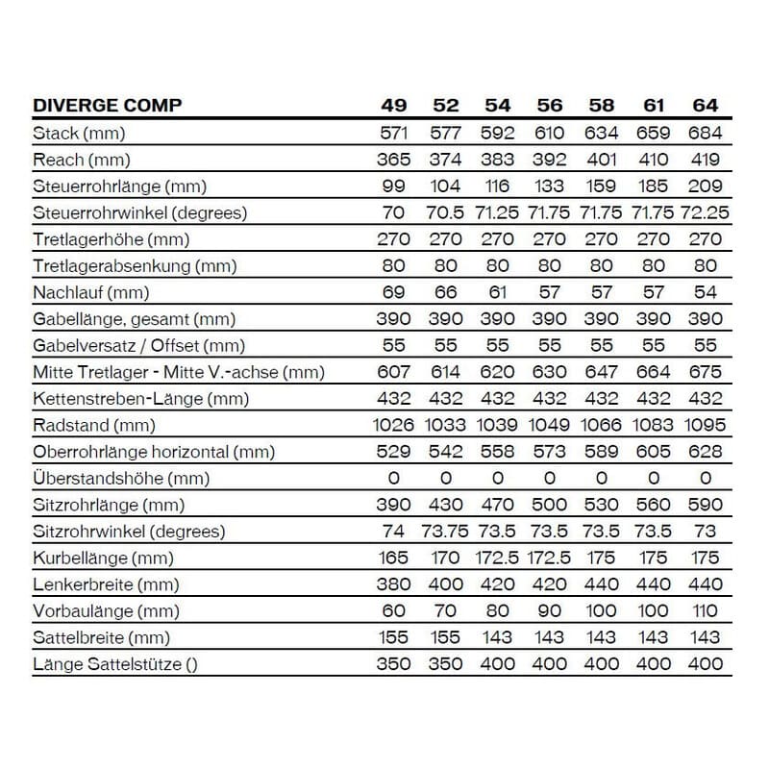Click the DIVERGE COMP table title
[107, 106]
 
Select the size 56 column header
[550, 106]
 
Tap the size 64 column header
[706, 106]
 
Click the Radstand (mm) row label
[93, 425]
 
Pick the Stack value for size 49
[394, 134]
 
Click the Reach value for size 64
[706, 160]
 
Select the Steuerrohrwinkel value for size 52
[446, 212]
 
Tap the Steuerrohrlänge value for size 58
[602, 186]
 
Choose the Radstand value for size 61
[654, 425]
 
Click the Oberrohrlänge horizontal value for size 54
[498, 452]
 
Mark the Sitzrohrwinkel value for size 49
[394, 532]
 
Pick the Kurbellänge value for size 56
[550, 558]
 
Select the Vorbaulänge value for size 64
[706, 610]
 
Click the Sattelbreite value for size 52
[446, 637]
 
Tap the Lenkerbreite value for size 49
[394, 584]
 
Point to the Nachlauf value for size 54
[498, 292]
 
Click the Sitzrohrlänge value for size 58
[602, 505]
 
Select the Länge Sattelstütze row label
[115, 663]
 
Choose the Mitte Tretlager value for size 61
[654, 372]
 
